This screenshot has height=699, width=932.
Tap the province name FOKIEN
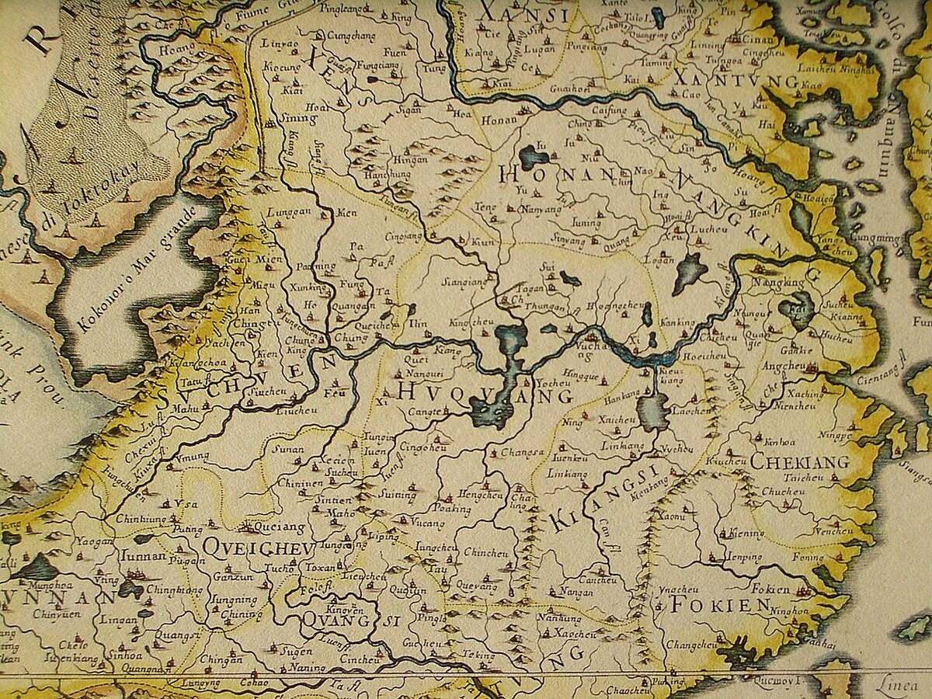coord(720,604)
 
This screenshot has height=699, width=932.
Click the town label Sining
coord(298,120)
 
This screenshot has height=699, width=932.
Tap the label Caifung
coord(609,111)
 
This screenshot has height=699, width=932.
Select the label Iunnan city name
coord(144,555)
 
